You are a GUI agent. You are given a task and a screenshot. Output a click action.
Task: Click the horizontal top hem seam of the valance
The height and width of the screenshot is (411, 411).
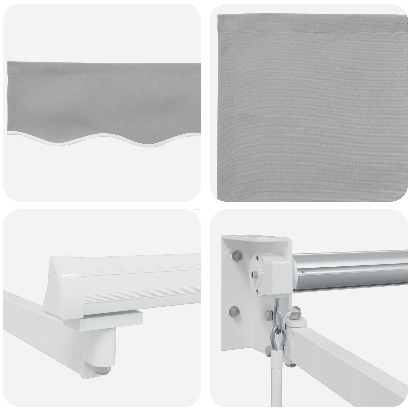tap(103, 67)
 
